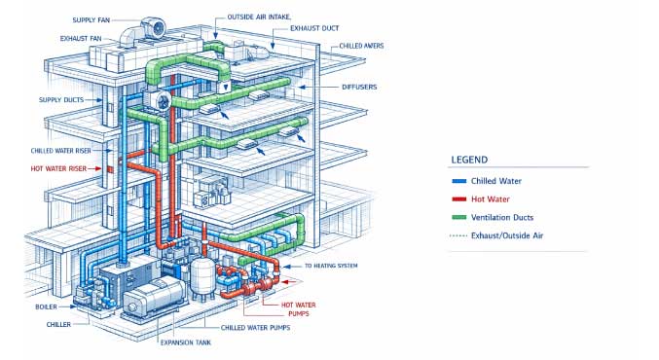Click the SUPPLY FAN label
click(x=91, y=20)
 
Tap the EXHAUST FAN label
click(x=81, y=39)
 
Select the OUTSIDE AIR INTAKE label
click(x=259, y=18)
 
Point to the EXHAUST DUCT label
click(x=314, y=28)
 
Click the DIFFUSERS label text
click(x=359, y=87)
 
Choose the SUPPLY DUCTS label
click(x=61, y=100)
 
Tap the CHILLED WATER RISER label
click(x=61, y=151)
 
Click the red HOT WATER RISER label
click(x=58, y=169)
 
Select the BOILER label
click(x=46, y=307)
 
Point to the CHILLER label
click(x=58, y=325)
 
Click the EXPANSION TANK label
click(x=186, y=342)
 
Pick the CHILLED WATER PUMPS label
click(x=256, y=328)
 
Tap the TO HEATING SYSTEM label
click(x=331, y=266)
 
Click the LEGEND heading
click(x=469, y=160)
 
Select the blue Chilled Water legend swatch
click(x=458, y=181)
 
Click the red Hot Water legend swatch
click(x=458, y=199)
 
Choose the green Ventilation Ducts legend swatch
click(x=458, y=217)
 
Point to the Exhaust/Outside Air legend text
click(x=507, y=235)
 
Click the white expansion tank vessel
click(x=202, y=277)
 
